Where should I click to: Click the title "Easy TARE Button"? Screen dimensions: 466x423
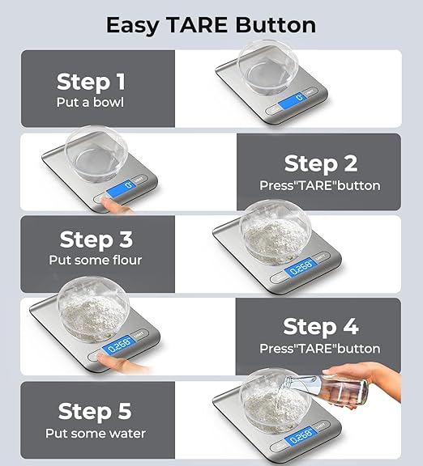[211, 24]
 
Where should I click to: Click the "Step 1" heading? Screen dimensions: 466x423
[91, 81]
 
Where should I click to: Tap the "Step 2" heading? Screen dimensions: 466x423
[320, 163]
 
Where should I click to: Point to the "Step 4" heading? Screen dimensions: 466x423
[320, 327]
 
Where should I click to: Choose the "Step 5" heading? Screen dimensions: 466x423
[96, 412]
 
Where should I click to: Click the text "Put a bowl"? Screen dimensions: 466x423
[91, 103]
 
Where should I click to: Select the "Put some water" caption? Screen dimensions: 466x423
[96, 433]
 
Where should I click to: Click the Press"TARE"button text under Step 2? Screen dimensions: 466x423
[320, 185]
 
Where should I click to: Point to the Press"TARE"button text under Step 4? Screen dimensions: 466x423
[320, 349]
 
